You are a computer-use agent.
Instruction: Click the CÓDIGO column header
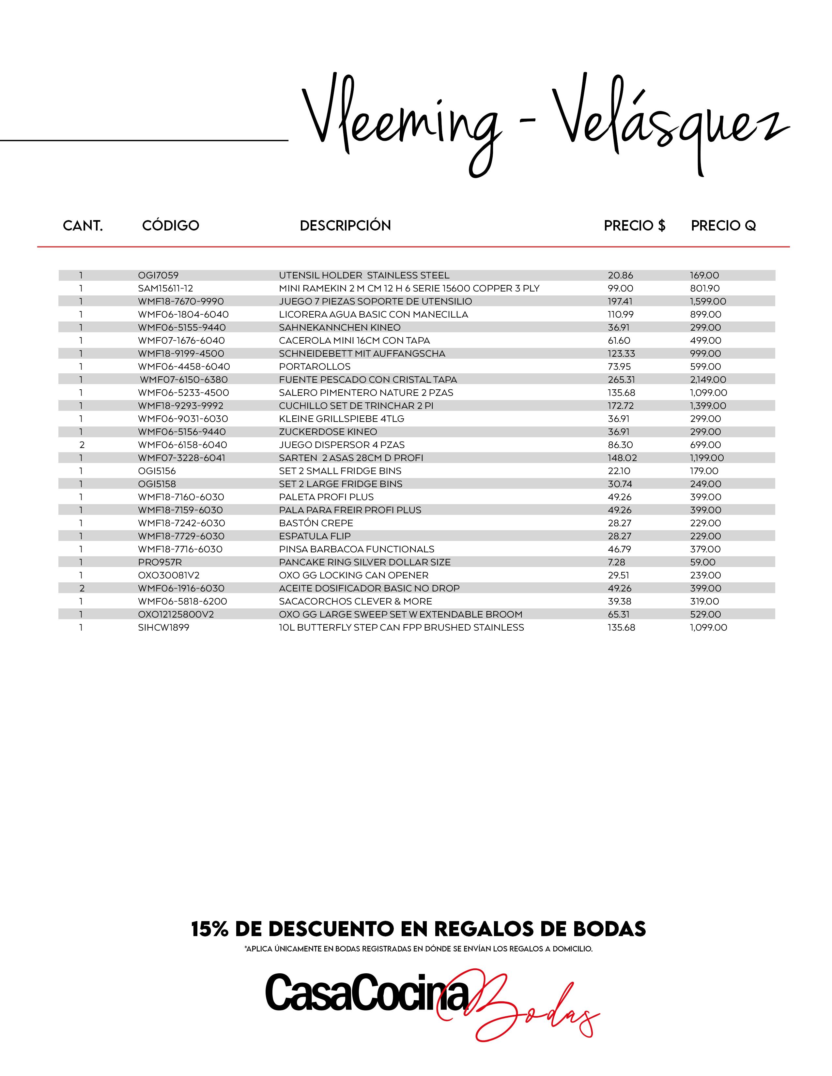click(x=171, y=226)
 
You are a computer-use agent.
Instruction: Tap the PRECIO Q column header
click(x=723, y=226)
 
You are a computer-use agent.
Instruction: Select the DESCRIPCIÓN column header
click(x=345, y=226)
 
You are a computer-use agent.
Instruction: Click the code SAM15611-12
click(x=166, y=288)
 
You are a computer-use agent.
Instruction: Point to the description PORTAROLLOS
click(x=315, y=366)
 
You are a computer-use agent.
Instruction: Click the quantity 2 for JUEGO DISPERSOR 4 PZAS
click(x=82, y=445)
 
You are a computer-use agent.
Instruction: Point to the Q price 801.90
click(x=705, y=288)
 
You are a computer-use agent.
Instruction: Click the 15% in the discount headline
click(x=209, y=929)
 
